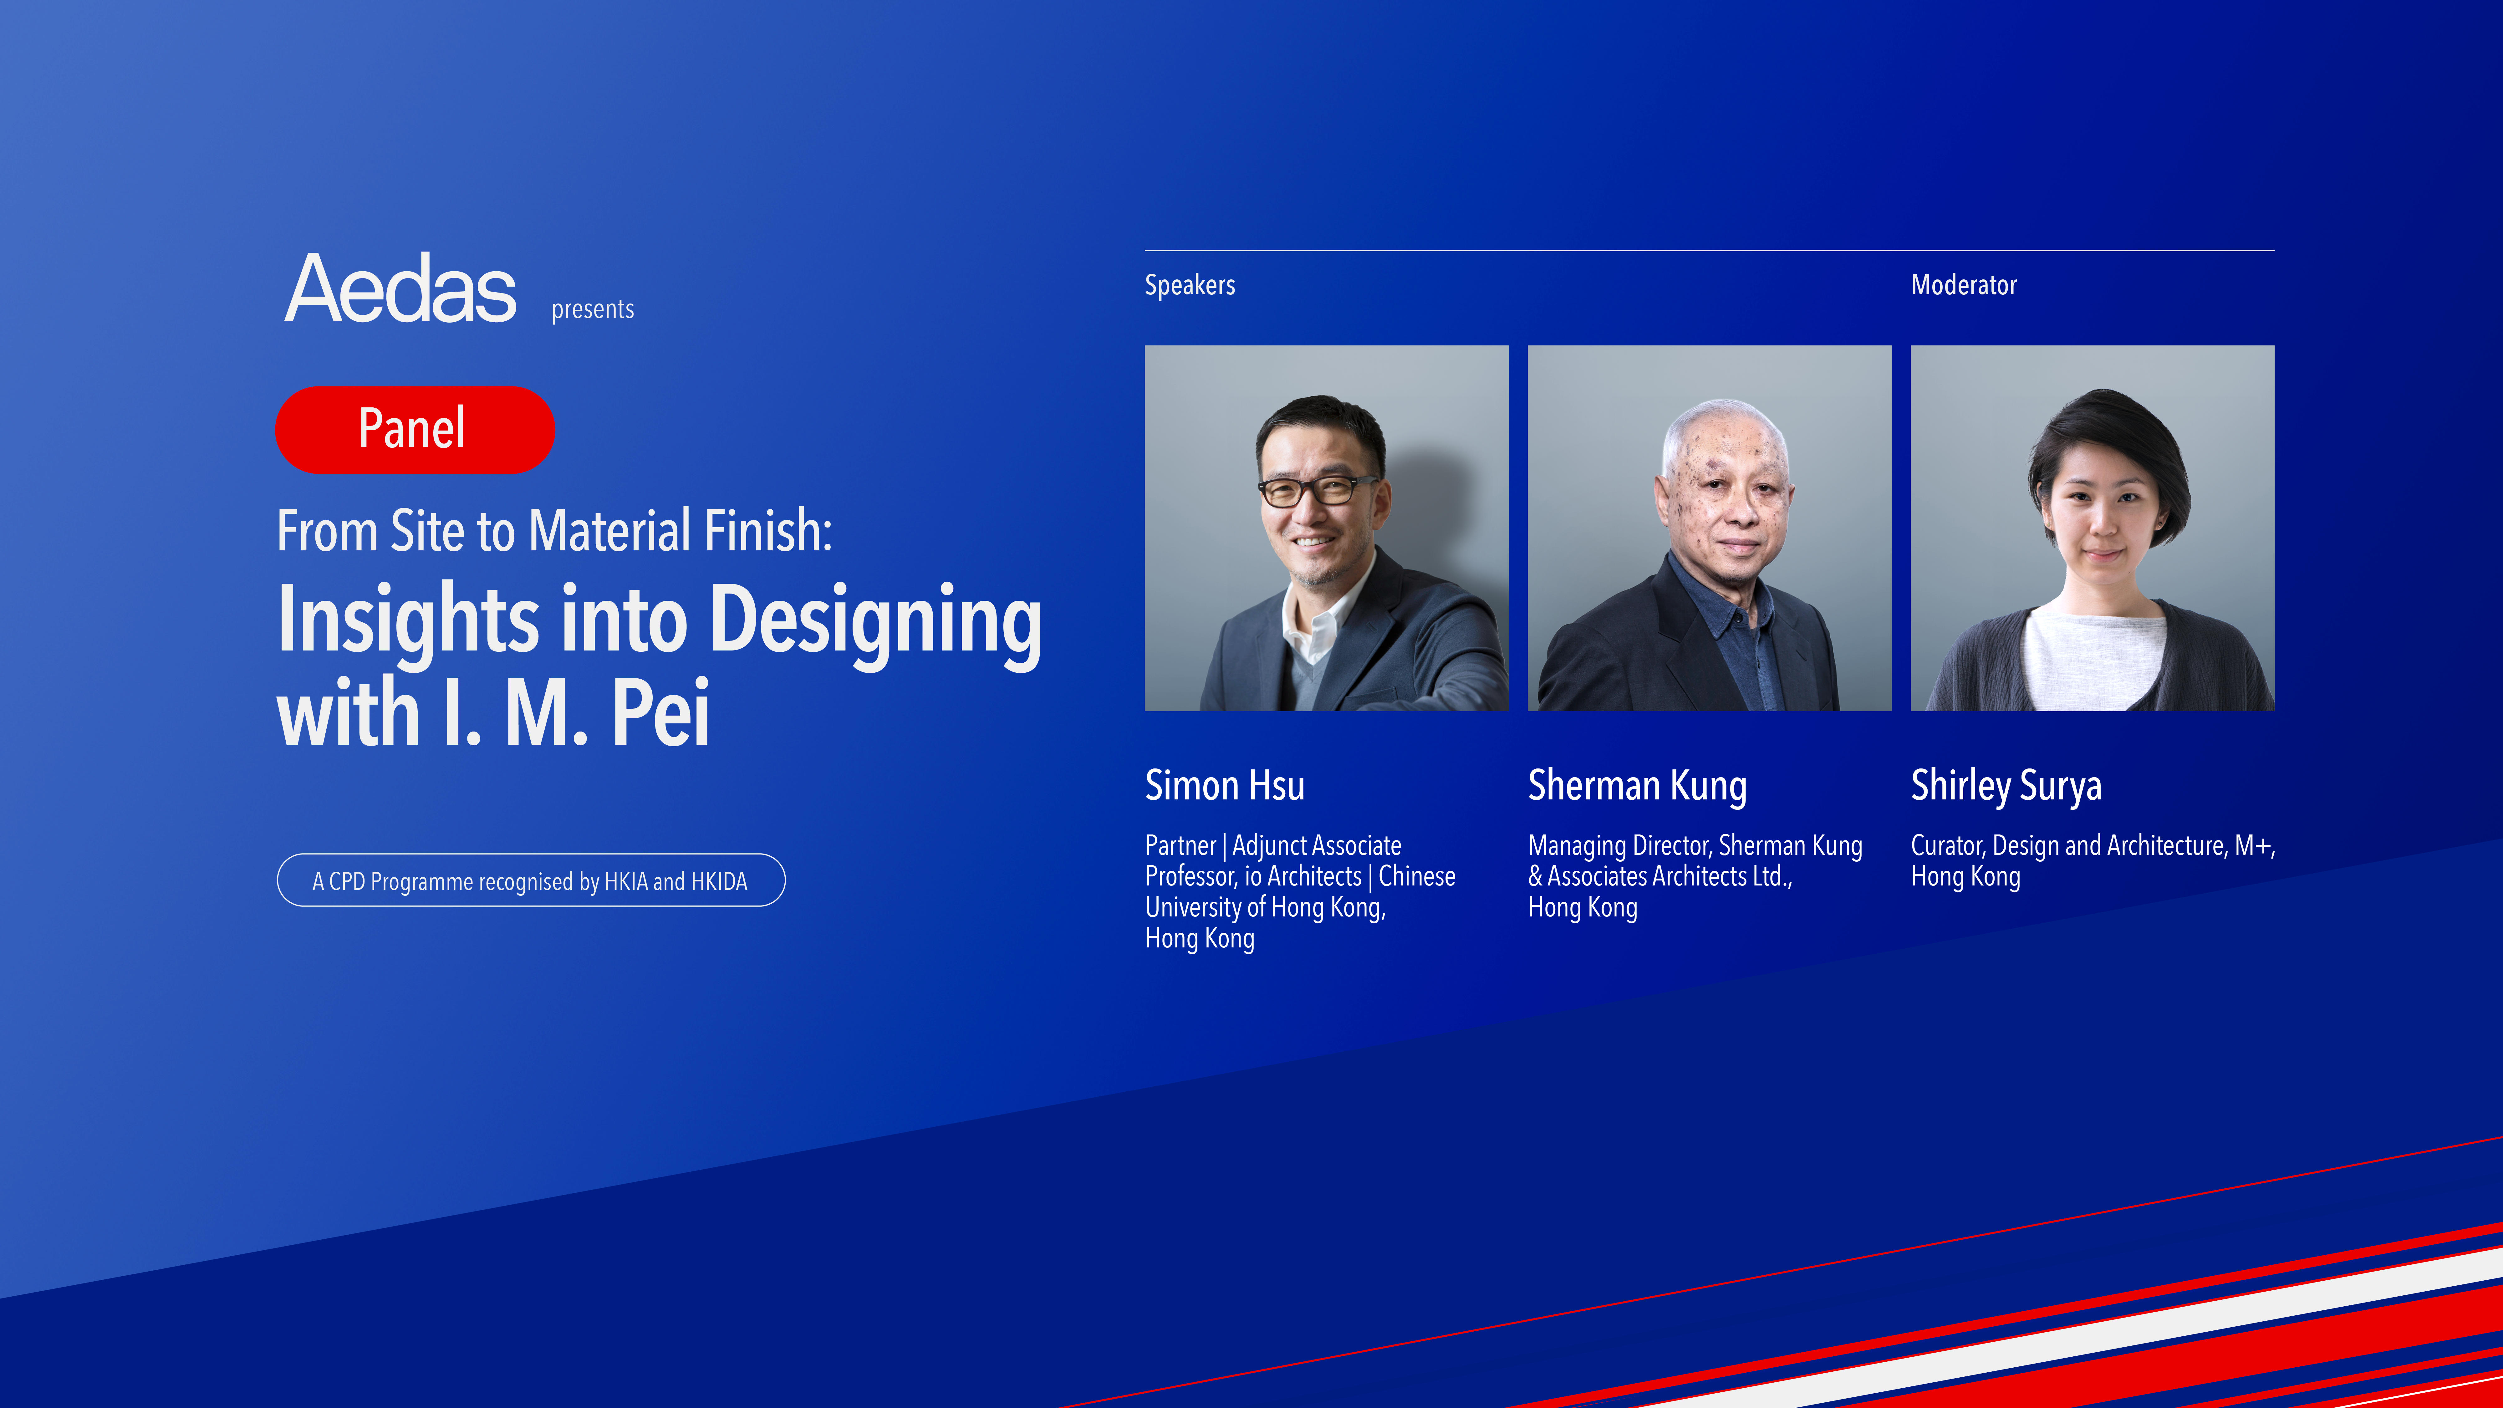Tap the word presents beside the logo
click(593, 309)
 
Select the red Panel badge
click(415, 430)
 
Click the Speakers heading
click(1190, 285)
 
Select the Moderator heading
click(1964, 285)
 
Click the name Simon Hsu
click(1224, 785)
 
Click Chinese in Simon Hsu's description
click(1417, 876)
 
